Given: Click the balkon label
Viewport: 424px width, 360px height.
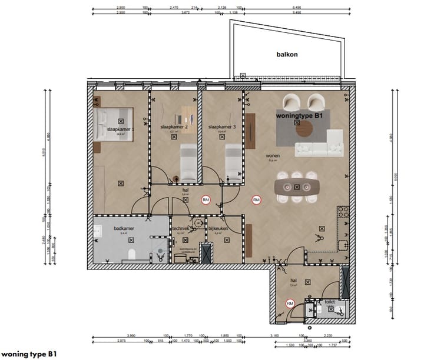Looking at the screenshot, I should (287, 54).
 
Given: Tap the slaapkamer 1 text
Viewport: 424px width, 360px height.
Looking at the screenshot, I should (120, 128).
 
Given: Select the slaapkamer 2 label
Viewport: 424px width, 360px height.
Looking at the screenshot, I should (174, 126).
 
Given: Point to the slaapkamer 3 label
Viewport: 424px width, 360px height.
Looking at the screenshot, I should (221, 126).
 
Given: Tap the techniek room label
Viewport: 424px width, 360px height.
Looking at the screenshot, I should (180, 227).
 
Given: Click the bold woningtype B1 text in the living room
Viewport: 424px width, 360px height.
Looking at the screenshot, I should (300, 116).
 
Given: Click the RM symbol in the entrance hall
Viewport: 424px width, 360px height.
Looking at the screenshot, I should (290, 304).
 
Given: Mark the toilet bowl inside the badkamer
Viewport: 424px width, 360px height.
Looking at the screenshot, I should (133, 254).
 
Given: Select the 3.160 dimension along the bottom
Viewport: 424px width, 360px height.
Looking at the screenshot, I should (290, 336).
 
